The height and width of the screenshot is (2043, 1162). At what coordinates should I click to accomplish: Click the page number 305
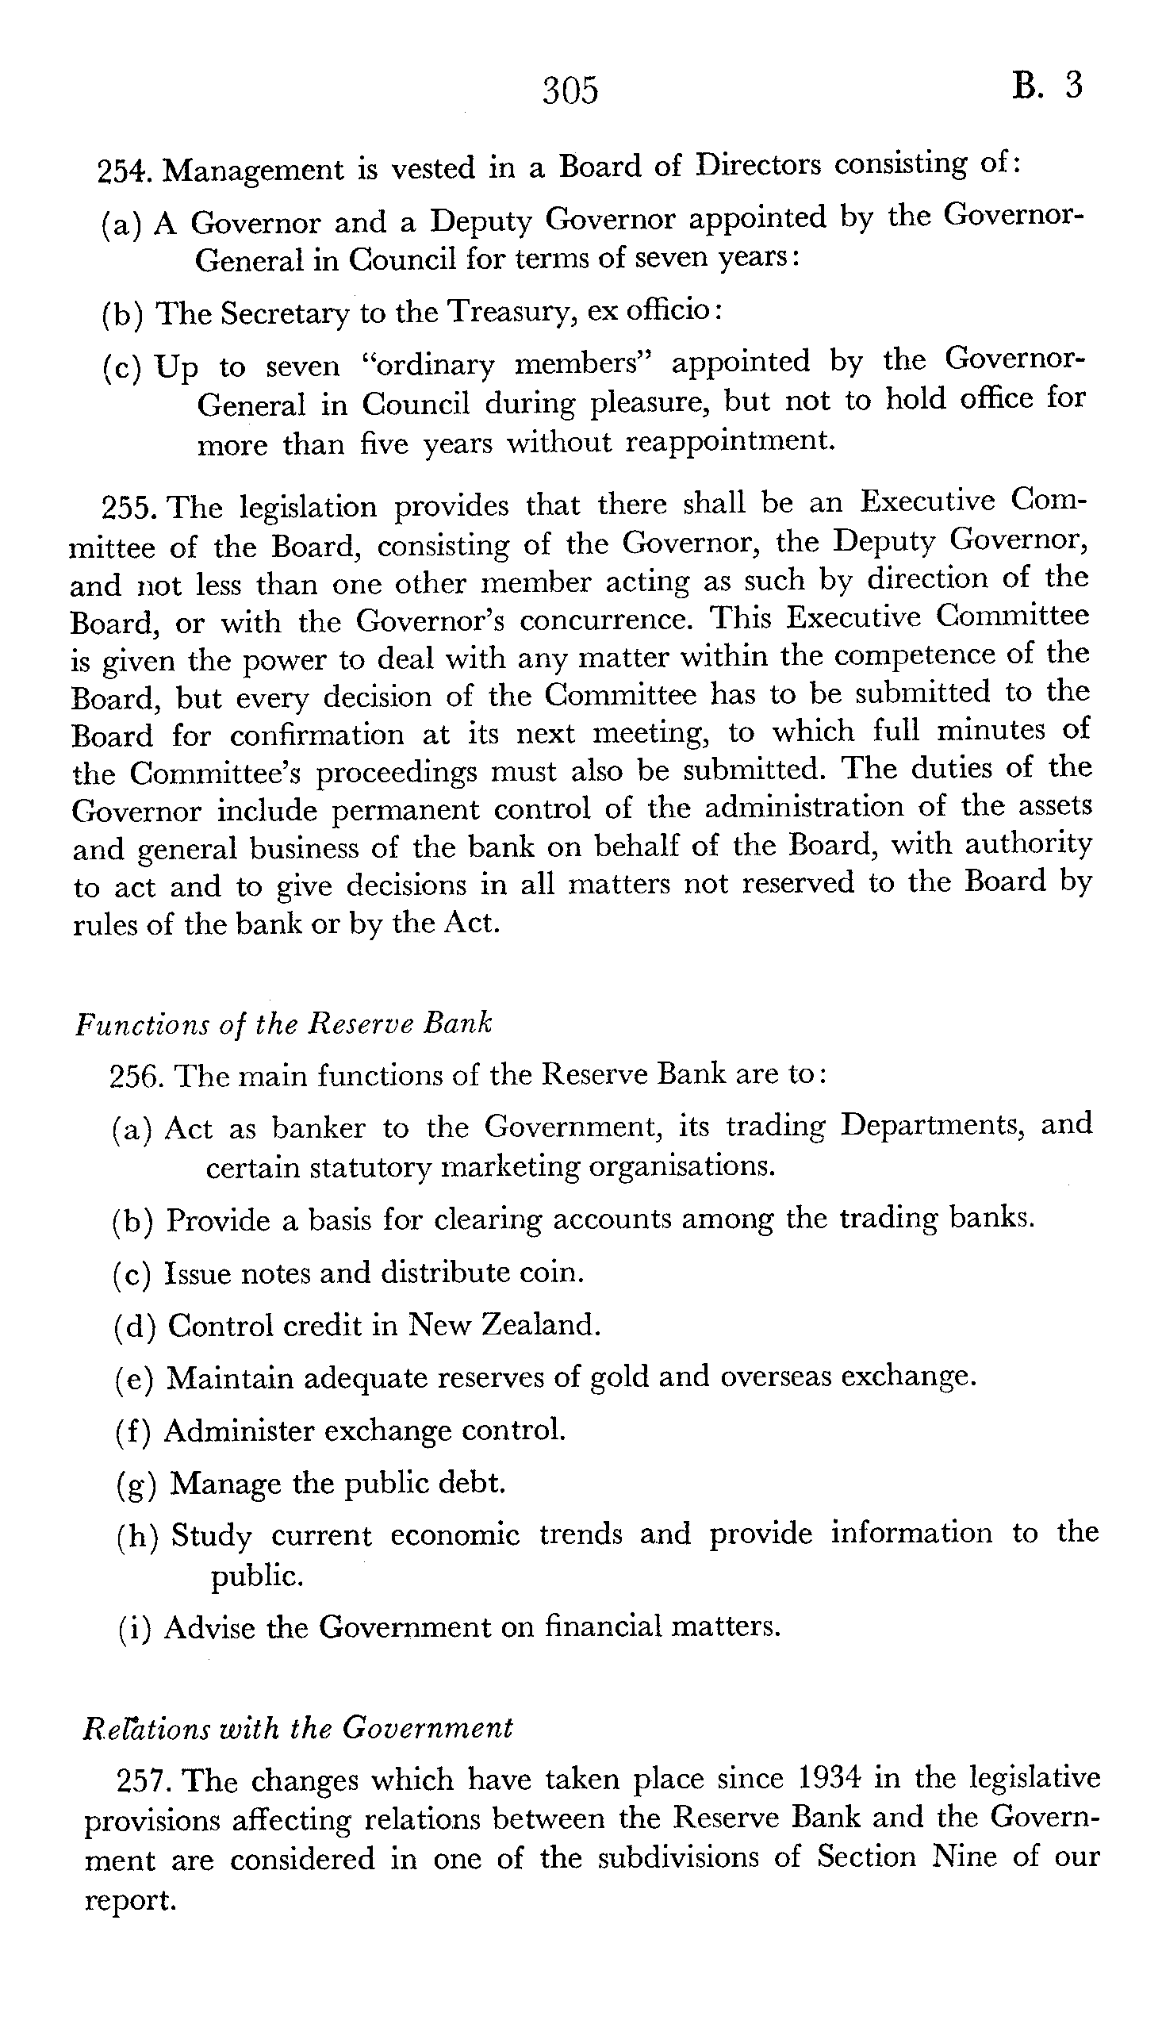click(569, 91)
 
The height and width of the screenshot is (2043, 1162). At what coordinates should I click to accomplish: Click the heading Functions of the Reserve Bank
click(283, 1024)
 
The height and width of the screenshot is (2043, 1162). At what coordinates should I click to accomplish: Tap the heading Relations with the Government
click(297, 1729)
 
